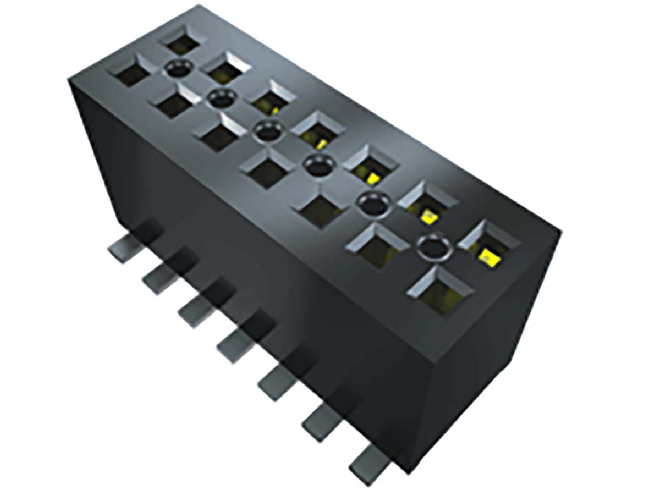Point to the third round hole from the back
[x=268, y=131]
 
